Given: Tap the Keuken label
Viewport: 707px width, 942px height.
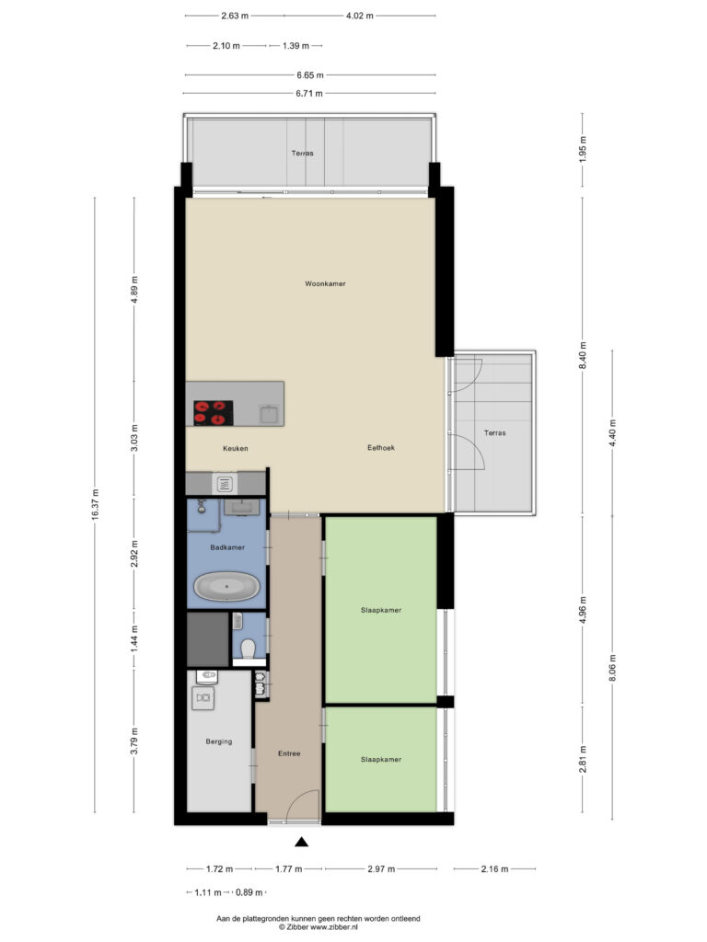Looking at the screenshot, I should pyautogui.click(x=236, y=449).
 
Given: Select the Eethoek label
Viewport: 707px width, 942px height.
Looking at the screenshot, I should pyautogui.click(x=382, y=449).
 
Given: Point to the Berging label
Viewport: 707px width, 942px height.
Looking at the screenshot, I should pyautogui.click(x=219, y=741).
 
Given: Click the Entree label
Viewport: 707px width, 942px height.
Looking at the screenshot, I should pyautogui.click(x=289, y=754).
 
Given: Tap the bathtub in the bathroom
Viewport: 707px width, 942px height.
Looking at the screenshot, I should pyautogui.click(x=227, y=586).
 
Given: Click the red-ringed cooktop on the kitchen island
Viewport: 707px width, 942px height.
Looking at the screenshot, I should pyautogui.click(x=213, y=412).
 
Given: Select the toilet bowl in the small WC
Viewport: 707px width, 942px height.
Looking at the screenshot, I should pyautogui.click(x=246, y=649).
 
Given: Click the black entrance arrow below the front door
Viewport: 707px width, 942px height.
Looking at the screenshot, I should pyautogui.click(x=301, y=842).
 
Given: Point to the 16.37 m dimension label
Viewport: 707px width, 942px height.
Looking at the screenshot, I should pyautogui.click(x=95, y=505).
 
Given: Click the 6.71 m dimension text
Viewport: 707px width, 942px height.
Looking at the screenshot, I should pyautogui.click(x=308, y=93).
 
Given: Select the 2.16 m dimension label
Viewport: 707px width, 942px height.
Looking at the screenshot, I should pyautogui.click(x=493, y=868).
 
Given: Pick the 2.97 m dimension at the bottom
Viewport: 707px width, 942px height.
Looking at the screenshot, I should pyautogui.click(x=380, y=868).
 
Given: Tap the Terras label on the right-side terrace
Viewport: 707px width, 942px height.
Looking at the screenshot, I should pyautogui.click(x=494, y=432).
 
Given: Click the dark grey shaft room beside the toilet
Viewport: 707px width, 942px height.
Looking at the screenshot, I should pyautogui.click(x=207, y=638).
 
